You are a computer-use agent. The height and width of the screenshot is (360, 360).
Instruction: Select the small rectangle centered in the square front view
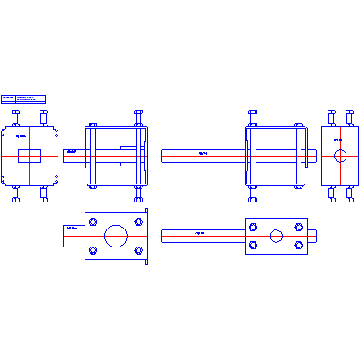(x=30, y=156)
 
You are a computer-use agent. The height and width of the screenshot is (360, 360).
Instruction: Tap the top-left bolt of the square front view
(x=15, y=117)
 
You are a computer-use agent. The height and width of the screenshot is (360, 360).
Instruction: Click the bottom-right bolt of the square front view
(x=44, y=194)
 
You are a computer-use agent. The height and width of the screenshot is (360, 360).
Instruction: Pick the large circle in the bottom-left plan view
(x=115, y=236)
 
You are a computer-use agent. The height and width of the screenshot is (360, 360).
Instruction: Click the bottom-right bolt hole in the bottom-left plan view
(x=139, y=251)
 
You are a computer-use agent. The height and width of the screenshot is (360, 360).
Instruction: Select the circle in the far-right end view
(x=340, y=156)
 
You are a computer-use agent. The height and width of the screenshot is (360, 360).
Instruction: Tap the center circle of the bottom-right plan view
(x=275, y=236)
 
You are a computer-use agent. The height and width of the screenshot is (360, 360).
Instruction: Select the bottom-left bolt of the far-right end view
(x=331, y=193)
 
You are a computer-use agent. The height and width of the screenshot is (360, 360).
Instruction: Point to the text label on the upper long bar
(x=202, y=155)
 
